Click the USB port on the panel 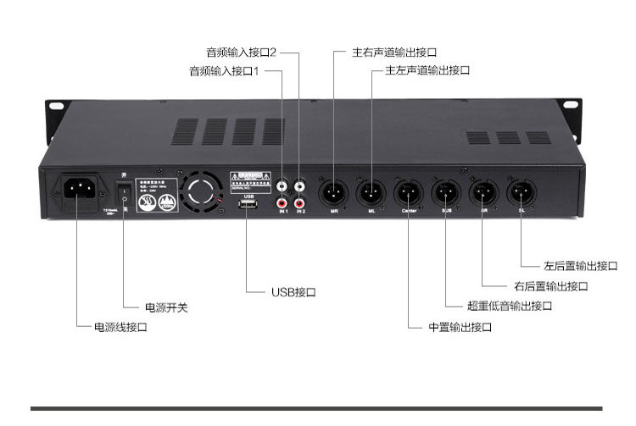(248, 209)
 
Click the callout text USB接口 (293, 292)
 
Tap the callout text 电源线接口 (120, 326)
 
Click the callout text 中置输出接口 (460, 327)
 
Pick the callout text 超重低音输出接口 (510, 306)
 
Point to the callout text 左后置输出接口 (581, 266)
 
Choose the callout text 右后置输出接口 (550, 286)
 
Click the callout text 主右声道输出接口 (395, 53)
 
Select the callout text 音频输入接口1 (224, 71)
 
